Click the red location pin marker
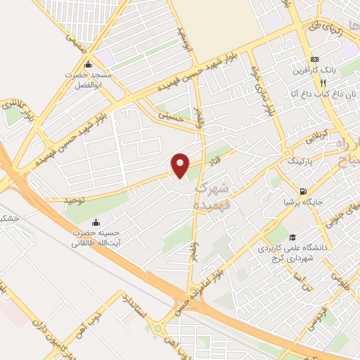(181, 165)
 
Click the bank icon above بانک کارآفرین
(314, 59)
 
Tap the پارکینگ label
(300, 161)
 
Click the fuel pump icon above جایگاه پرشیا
(303, 191)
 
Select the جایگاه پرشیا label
(303, 202)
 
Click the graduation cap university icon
(292, 237)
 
